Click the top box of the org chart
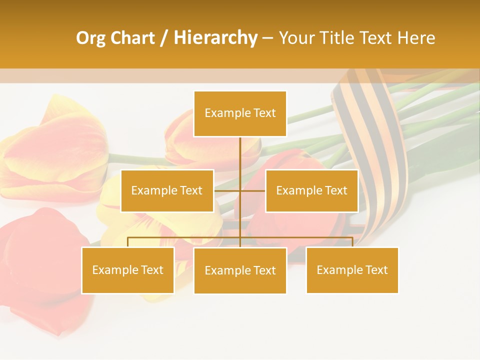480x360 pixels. click(240, 113)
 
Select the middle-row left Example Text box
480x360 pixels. click(167, 190)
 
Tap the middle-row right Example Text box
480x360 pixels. click(311, 190)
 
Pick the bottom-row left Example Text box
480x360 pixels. click(127, 270)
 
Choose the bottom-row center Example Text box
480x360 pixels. click(240, 270)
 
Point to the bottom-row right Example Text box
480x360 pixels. click(352, 270)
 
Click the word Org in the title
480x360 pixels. click(91, 38)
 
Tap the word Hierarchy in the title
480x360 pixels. click(215, 38)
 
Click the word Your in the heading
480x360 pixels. click(296, 38)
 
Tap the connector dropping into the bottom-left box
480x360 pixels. click(127, 242)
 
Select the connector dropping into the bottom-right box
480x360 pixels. click(352, 242)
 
